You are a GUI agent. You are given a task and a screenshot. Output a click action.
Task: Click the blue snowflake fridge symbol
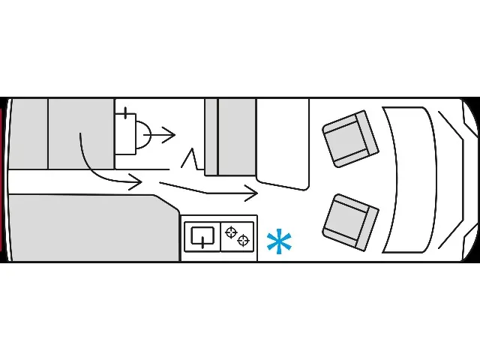(x=279, y=242)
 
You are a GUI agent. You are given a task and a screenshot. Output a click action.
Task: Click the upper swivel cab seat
(x=349, y=139)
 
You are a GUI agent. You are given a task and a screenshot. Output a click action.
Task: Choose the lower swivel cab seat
(x=350, y=222)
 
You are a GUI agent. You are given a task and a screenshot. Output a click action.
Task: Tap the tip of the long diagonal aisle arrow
(x=257, y=193)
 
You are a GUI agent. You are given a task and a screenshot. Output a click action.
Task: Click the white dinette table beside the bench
(x=283, y=142)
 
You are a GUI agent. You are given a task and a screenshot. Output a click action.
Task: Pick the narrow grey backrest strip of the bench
(x=211, y=136)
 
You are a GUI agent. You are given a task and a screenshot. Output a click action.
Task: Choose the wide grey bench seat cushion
(x=237, y=136)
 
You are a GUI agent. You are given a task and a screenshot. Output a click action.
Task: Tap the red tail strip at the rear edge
(x=3, y=180)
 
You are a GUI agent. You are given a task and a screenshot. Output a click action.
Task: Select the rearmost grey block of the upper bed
(x=27, y=133)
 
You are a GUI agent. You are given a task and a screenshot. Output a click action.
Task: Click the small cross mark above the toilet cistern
(x=124, y=114)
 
